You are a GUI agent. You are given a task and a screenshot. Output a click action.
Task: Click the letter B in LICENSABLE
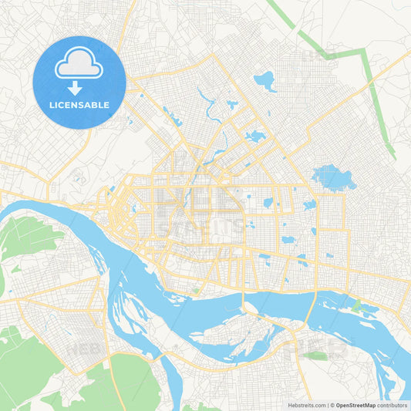(x=96, y=105)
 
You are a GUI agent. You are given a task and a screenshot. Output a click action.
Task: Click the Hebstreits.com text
(x=306, y=405)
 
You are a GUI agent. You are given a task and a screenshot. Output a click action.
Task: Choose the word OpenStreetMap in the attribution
(x=356, y=405)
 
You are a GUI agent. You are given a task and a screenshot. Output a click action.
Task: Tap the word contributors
(x=392, y=405)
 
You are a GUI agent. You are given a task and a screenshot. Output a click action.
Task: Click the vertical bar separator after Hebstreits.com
(x=327, y=405)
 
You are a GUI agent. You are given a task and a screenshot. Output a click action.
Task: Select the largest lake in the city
(x=332, y=177)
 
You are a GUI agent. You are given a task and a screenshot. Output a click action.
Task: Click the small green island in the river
(x=356, y=306)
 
